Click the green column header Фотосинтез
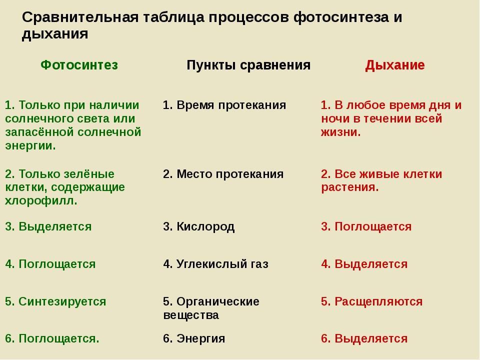click(x=79, y=65)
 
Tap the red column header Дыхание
click(x=395, y=65)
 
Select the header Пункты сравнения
click(x=248, y=65)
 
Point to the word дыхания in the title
click(x=55, y=33)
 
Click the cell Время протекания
click(x=231, y=105)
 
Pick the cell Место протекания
click(x=230, y=174)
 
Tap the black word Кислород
click(x=205, y=227)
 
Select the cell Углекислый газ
click(x=222, y=264)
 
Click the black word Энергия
click(x=201, y=339)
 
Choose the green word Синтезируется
click(x=62, y=302)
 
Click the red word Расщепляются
click(x=378, y=302)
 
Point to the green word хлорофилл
click(x=39, y=201)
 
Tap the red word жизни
click(x=339, y=132)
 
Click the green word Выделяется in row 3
click(x=55, y=227)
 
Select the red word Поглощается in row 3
click(x=373, y=227)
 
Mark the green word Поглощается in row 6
click(x=57, y=339)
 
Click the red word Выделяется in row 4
click(x=371, y=264)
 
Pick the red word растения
click(x=348, y=187)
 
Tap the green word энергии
click(x=29, y=146)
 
